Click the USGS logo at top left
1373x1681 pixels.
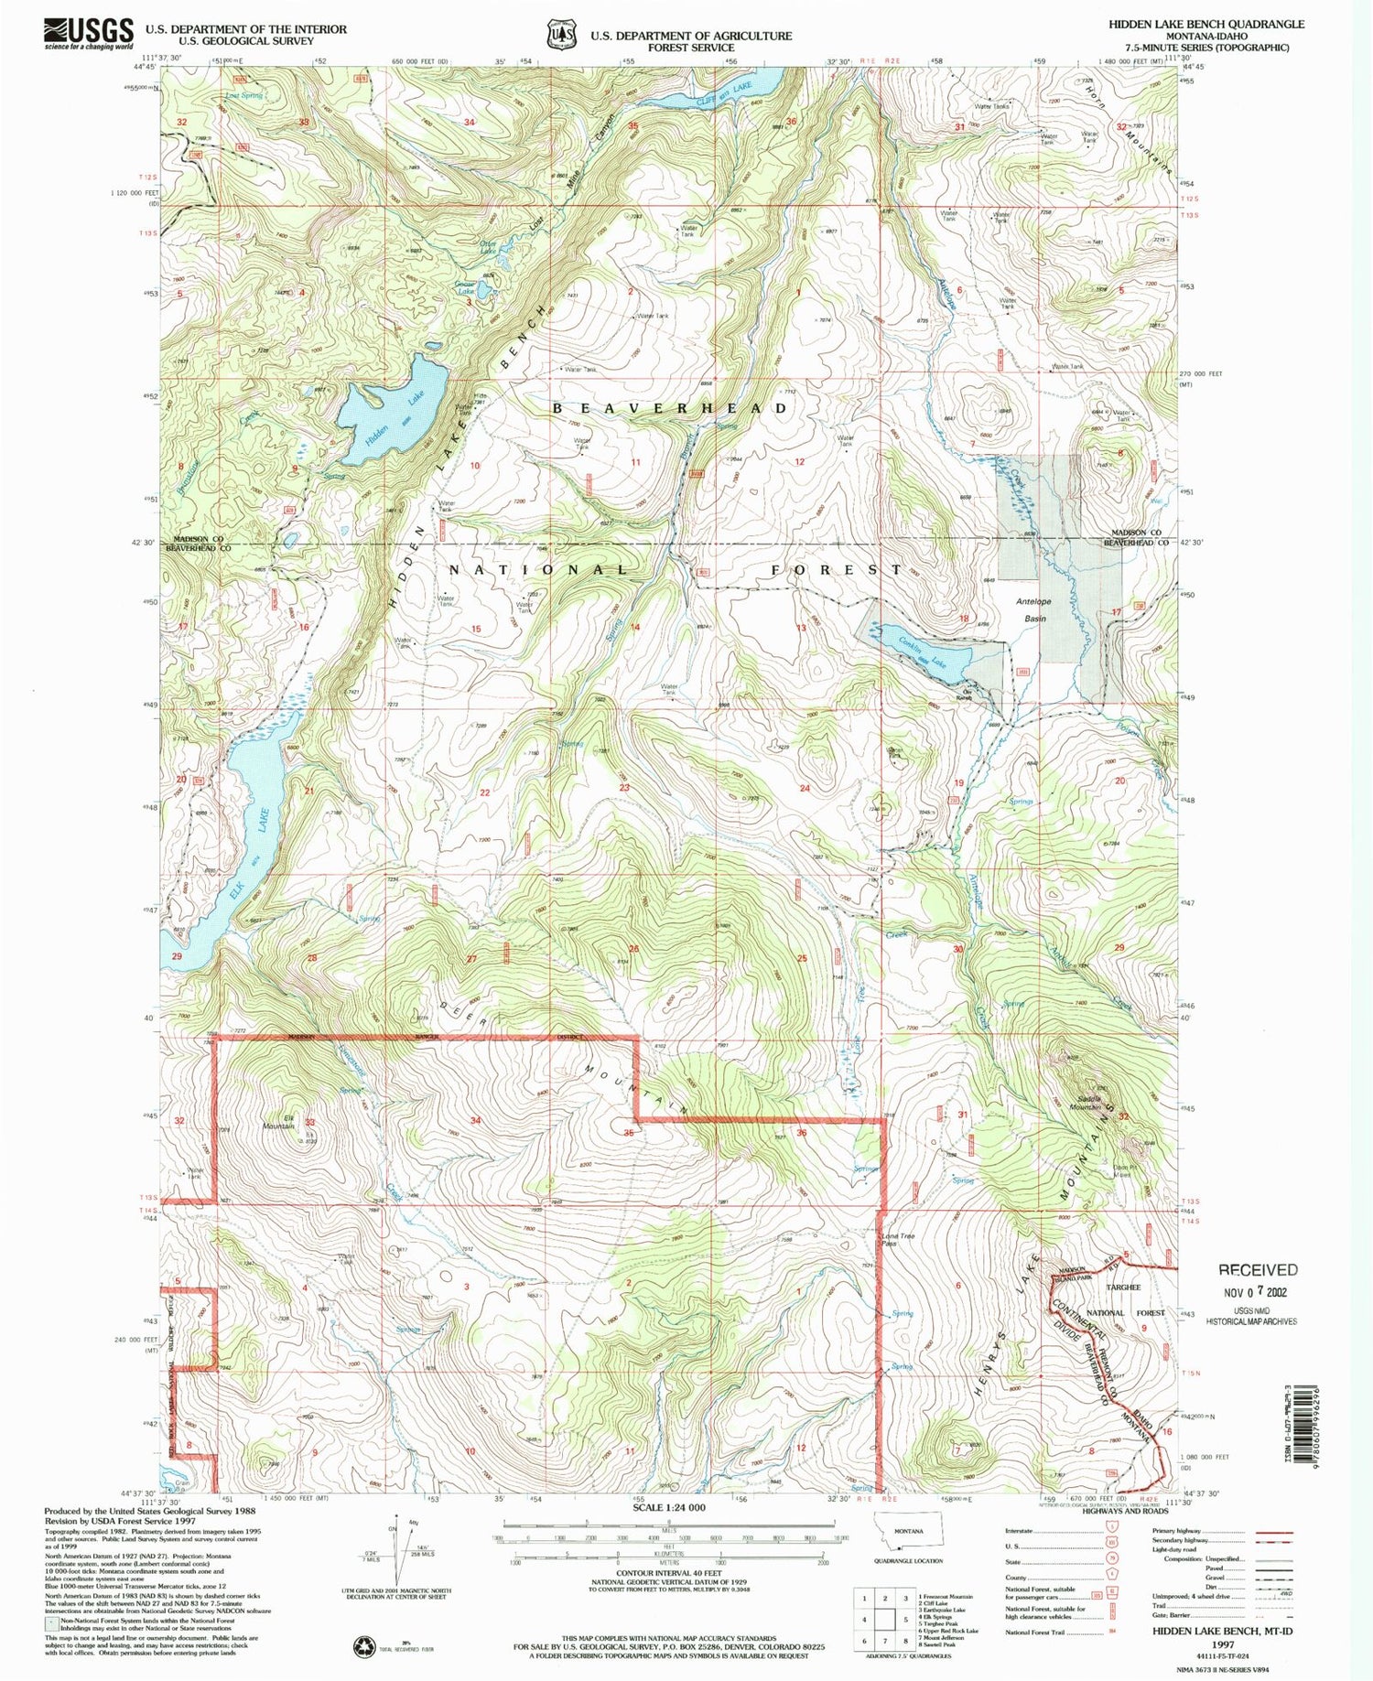click(x=89, y=34)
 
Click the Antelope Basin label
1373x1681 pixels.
click(x=1034, y=610)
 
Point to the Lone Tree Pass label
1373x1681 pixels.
click(x=898, y=1240)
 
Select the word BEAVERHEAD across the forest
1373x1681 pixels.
click(x=669, y=408)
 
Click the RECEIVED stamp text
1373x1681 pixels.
click(x=1257, y=1269)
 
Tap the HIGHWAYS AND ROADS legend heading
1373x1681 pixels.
click(x=1125, y=1511)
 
